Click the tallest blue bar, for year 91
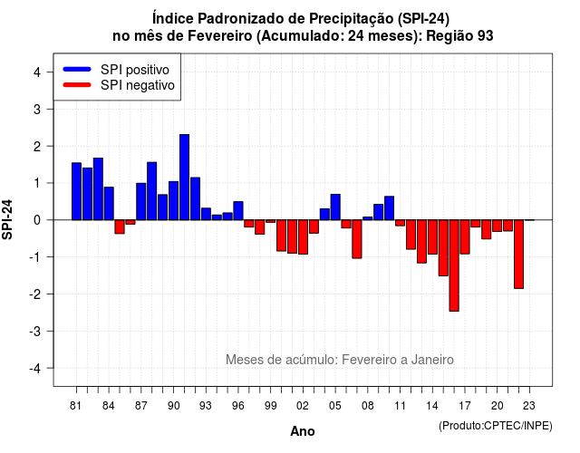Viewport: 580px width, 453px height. pos(184,178)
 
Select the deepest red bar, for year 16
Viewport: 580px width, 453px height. pos(454,265)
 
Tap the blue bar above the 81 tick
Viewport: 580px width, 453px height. pos(76,191)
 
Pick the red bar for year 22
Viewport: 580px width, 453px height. pos(518,254)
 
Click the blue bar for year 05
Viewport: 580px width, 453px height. pos(335,207)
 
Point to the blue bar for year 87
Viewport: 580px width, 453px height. pos(141,201)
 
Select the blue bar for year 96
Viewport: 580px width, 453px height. pos(238,211)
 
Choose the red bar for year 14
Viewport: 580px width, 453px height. pos(432,237)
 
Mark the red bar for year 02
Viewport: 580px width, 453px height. pos(303,237)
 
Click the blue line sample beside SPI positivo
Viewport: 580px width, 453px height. pos(77,69)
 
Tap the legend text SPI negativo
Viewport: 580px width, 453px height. pos(138,85)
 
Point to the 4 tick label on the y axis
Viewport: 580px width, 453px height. pos(37,72)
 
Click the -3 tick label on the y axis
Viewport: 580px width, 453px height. pos(35,331)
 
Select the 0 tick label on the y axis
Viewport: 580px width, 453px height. pos(37,220)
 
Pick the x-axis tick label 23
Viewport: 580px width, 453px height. pos(529,406)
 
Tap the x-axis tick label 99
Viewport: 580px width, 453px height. pos(270,406)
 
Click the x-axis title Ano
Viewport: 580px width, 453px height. pos(303,431)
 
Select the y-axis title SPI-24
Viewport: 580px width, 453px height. pos(7,219)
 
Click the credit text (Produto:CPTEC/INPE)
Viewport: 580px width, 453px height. pos(496,426)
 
